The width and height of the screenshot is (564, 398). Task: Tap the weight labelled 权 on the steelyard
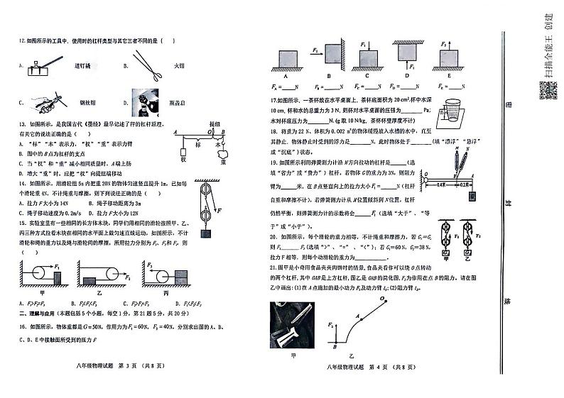(184, 152)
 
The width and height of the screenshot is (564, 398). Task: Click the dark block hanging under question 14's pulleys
(207, 233)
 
